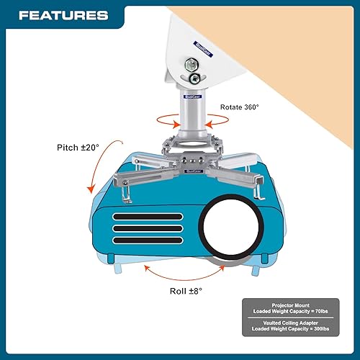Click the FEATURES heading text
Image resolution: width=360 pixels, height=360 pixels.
pyautogui.click(x=63, y=15)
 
